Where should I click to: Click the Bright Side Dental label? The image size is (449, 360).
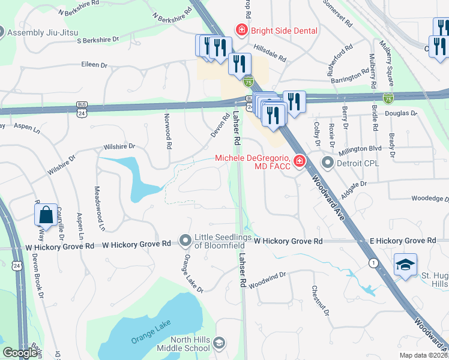279,29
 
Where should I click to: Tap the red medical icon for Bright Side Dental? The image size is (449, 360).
241,29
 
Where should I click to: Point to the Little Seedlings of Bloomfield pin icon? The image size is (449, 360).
185,241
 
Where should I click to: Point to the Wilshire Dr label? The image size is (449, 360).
119,146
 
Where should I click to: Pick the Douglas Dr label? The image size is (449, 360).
397,113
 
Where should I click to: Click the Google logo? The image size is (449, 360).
20,353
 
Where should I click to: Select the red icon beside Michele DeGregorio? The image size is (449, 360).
298,161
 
